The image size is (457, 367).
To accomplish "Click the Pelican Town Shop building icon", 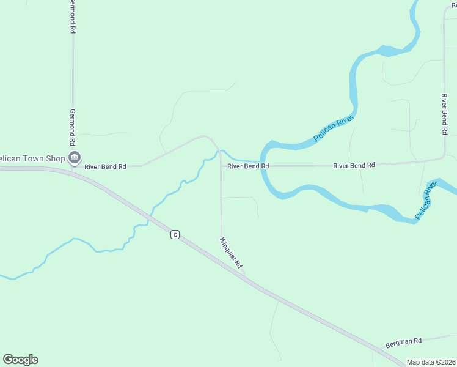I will pos(74,158).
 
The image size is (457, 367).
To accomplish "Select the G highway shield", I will pos(175,234).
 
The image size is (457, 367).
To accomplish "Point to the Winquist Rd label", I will pos(232,253).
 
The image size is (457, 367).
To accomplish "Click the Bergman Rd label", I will pos(403,344).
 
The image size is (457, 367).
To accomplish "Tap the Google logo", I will pos(20,360).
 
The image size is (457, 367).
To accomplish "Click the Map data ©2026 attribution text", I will pos(431,362).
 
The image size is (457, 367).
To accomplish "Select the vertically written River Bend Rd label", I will pos(445,115).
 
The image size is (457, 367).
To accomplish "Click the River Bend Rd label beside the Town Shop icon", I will pos(105,166).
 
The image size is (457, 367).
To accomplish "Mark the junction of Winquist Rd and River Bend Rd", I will pos(221,166).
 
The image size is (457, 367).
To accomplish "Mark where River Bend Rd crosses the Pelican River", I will pos(263,166).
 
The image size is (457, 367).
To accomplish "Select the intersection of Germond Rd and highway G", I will pos(72,171).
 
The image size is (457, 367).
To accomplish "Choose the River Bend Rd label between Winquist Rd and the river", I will pos(248,166).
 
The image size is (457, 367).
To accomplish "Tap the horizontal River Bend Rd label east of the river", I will pos(354,165).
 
